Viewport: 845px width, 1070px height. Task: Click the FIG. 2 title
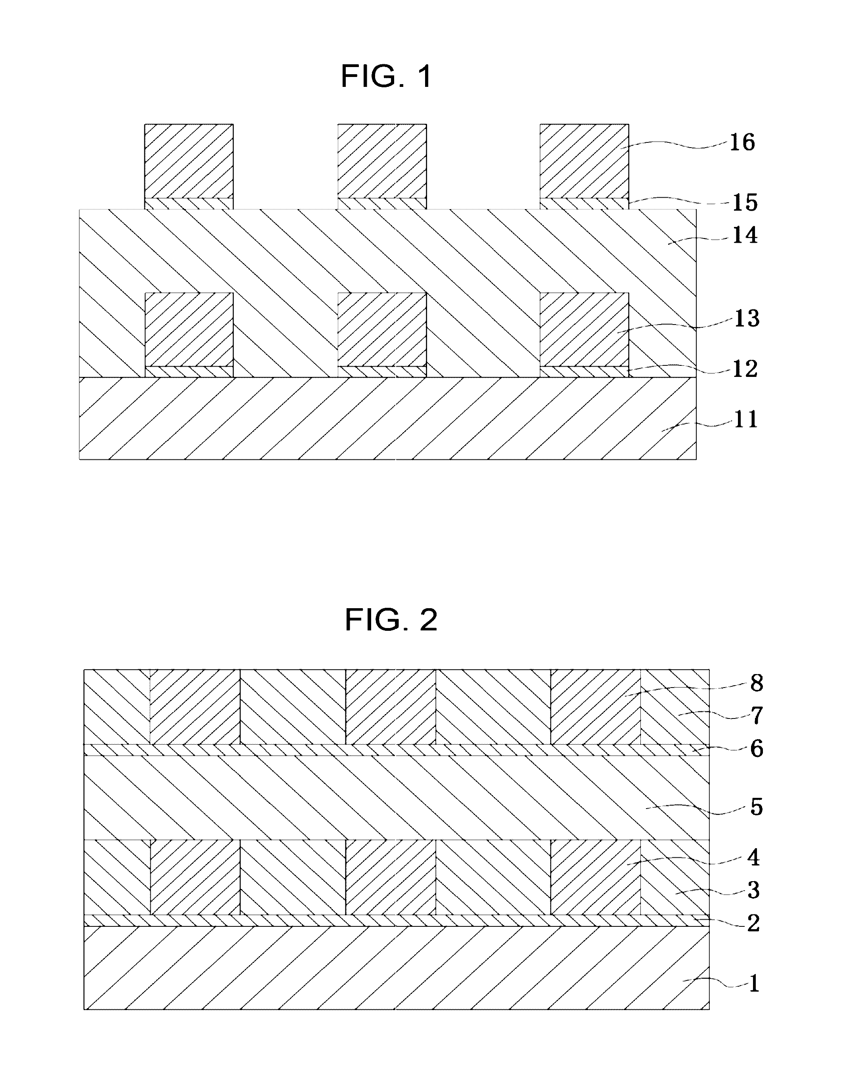(x=391, y=620)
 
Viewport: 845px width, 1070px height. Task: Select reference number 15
(x=745, y=203)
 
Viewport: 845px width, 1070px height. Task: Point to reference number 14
(x=745, y=236)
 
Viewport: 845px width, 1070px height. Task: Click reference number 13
(x=747, y=319)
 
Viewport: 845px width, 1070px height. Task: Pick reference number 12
(x=745, y=369)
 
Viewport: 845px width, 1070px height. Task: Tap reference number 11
(x=745, y=420)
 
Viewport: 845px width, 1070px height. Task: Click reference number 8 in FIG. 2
(x=757, y=684)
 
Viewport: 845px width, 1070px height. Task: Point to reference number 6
(x=757, y=749)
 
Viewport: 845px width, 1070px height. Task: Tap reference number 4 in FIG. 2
(x=753, y=858)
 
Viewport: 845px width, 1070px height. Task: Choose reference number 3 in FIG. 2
(x=753, y=890)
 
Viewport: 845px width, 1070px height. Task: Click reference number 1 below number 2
(x=753, y=984)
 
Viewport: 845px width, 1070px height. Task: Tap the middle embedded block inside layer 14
(x=382, y=329)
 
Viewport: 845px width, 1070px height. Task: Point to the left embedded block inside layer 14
(x=188, y=329)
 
